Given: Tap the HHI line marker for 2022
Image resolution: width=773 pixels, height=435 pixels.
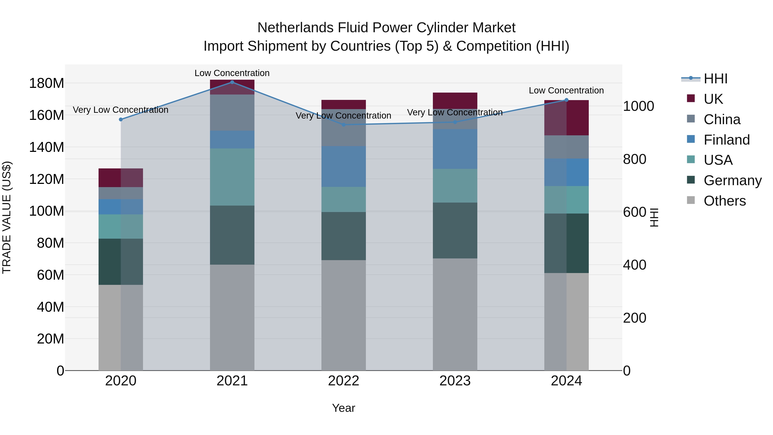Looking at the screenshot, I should click(x=344, y=125).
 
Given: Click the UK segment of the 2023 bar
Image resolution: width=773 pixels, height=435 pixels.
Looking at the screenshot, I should click(x=455, y=101).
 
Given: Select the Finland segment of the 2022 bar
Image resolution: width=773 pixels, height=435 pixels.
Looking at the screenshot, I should click(x=344, y=167).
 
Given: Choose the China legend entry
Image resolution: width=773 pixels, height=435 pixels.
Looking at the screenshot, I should click(x=722, y=119).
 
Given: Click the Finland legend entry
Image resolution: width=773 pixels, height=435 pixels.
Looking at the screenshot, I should click(x=726, y=140).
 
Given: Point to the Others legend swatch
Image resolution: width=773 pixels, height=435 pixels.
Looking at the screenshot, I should click(x=691, y=200).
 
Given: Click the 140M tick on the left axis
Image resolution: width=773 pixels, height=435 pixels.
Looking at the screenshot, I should click(x=47, y=147).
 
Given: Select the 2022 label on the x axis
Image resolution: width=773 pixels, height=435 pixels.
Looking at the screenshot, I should click(x=344, y=381).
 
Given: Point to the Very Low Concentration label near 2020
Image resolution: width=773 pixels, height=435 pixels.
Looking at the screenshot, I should click(x=121, y=110).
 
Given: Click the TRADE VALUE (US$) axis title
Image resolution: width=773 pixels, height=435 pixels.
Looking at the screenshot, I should click(x=7, y=217).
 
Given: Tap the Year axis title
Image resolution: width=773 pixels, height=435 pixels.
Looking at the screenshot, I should click(x=344, y=408).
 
